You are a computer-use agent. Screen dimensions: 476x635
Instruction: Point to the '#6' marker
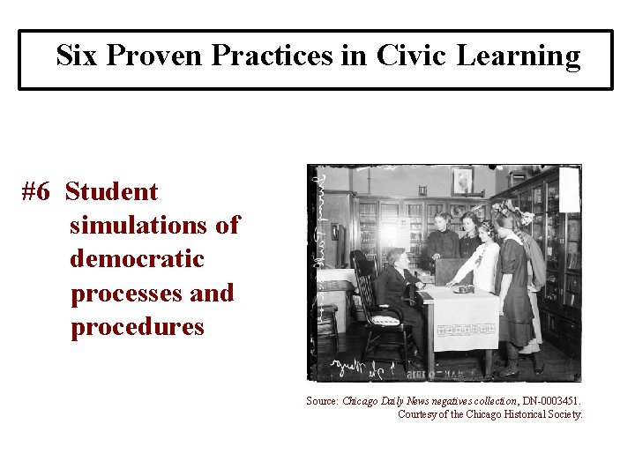39,192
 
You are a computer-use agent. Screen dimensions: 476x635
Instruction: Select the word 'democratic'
137,259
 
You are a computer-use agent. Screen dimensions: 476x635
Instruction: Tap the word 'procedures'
137,327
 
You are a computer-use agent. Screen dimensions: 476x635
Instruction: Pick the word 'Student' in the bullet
111,192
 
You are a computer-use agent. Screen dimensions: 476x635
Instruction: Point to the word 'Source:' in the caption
323,401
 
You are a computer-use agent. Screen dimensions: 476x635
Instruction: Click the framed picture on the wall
462,181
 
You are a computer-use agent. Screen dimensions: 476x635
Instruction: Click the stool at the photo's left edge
327,317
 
